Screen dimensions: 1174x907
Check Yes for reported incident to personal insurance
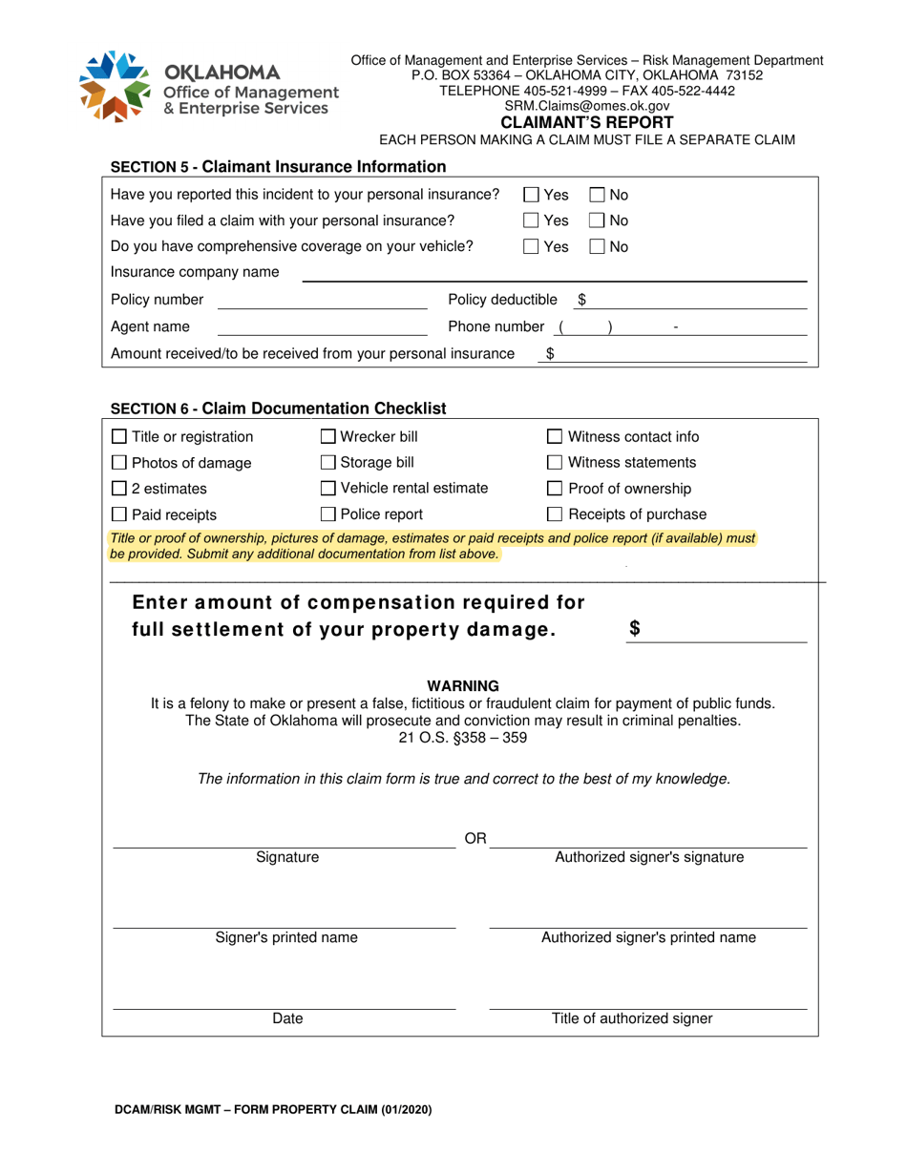[x=532, y=196]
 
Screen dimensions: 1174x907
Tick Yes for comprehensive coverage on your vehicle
[x=532, y=247]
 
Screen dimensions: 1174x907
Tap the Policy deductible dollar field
[x=697, y=301]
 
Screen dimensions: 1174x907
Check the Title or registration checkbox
[x=118, y=438]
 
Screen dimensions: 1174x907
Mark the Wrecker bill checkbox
[x=327, y=438]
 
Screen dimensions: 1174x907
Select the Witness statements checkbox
[x=555, y=464]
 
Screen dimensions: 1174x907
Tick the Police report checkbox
[x=327, y=515]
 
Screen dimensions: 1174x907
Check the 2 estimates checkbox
[x=118, y=490]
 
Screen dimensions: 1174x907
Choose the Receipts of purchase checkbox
[x=555, y=515]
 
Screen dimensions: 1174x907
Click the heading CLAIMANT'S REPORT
[x=587, y=122]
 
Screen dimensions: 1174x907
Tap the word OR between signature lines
[x=475, y=839]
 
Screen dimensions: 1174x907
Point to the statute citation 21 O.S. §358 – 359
[x=462, y=738]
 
